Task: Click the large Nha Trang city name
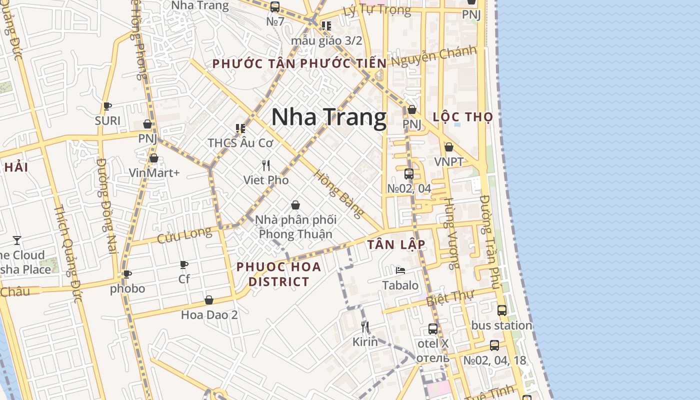click(328, 117)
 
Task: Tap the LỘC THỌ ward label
click(463, 117)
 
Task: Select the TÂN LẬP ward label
click(396, 244)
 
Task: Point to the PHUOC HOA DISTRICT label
click(279, 274)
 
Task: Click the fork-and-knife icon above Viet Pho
click(266, 165)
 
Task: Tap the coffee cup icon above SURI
click(107, 106)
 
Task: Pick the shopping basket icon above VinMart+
click(154, 158)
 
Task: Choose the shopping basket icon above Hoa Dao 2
click(209, 300)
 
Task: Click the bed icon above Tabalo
click(400, 270)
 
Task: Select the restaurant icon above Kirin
click(365, 327)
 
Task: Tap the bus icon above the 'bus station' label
click(502, 310)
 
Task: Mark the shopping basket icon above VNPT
click(449, 147)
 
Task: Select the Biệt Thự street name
click(456, 296)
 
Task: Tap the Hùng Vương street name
click(451, 233)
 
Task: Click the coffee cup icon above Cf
click(184, 264)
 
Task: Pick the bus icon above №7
click(274, 7)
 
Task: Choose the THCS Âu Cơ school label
click(240, 142)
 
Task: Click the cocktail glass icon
click(17, 240)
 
